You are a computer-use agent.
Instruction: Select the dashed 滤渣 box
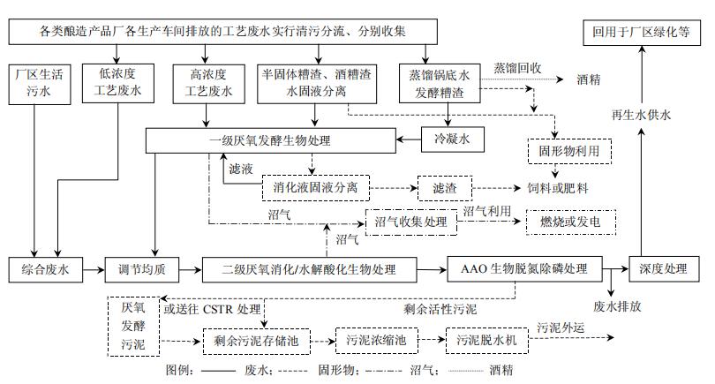tap(445, 188)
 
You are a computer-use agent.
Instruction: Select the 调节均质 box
tap(142, 268)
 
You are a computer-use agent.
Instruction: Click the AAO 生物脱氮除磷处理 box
tap(524, 268)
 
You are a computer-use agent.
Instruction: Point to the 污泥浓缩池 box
tap(375, 338)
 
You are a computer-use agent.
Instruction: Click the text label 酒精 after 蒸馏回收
tap(589, 79)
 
